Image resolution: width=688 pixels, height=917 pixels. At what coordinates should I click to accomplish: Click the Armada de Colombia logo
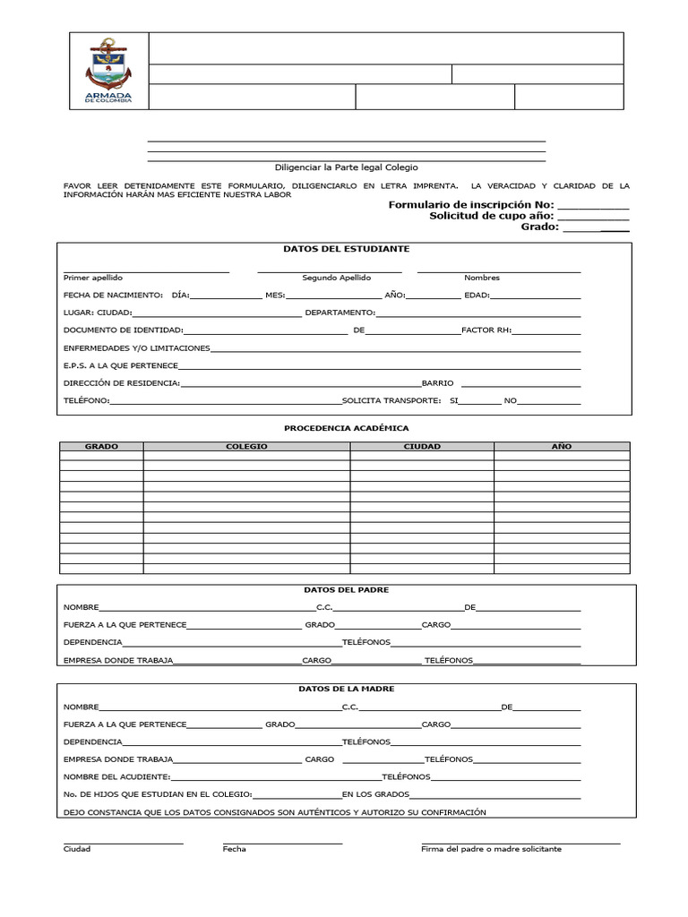click(x=108, y=71)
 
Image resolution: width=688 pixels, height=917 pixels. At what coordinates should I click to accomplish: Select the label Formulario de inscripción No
click(x=471, y=205)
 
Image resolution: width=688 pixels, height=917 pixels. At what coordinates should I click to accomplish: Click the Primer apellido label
click(x=93, y=278)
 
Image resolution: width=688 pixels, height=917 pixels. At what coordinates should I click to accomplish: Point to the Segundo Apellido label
click(x=336, y=278)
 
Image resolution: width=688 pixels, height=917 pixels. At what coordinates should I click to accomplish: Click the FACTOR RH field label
click(x=486, y=330)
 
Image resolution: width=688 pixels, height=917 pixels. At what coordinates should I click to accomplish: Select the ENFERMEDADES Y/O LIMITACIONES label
click(x=137, y=347)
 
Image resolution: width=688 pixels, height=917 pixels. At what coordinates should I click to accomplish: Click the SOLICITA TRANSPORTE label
click(x=391, y=400)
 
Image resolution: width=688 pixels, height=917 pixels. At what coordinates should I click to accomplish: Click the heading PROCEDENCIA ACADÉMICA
click(x=346, y=428)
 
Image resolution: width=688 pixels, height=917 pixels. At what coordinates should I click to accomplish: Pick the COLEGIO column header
click(x=246, y=446)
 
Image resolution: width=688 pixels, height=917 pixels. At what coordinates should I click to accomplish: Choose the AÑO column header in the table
click(x=562, y=446)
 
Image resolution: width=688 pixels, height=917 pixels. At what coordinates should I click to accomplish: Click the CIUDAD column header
click(x=422, y=446)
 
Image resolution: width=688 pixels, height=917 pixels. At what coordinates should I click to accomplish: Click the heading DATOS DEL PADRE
click(x=346, y=590)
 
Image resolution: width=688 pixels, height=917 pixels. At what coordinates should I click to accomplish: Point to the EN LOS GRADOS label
click(x=375, y=794)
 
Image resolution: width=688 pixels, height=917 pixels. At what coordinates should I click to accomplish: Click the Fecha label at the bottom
click(x=235, y=849)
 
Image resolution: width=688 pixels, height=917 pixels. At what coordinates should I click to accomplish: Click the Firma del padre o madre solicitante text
click(x=491, y=849)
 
